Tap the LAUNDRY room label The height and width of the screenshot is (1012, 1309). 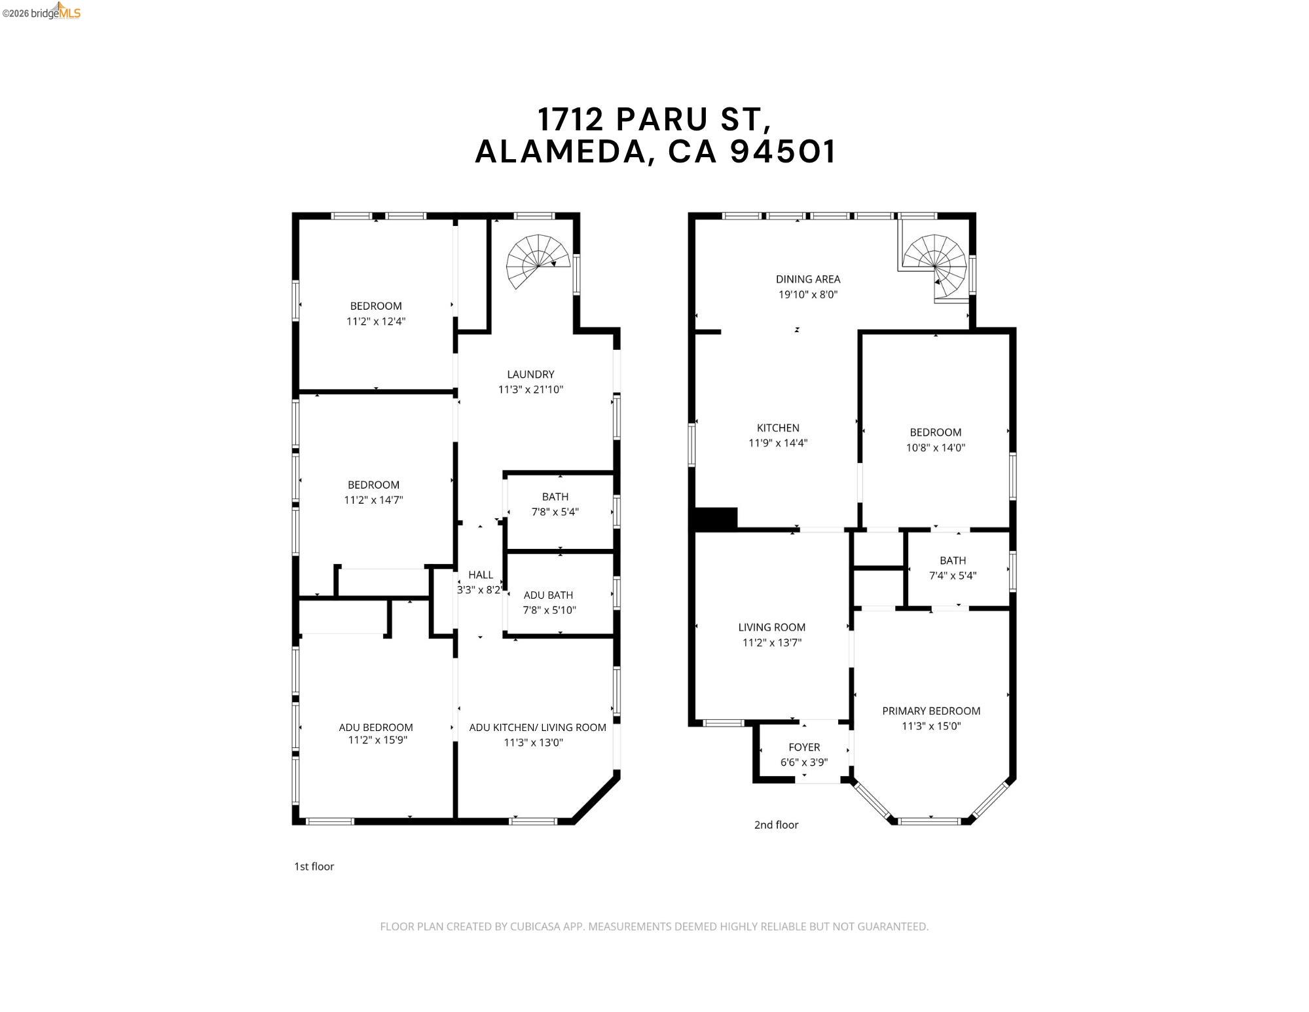[x=530, y=374]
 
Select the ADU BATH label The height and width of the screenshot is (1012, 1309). [x=548, y=595]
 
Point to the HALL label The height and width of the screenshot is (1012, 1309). [x=481, y=574]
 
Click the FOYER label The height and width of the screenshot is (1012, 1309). [x=804, y=747]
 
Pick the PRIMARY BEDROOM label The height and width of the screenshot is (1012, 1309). [x=931, y=711]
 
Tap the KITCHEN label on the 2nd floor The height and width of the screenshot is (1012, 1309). [x=778, y=428]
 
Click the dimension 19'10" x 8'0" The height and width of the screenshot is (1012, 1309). [x=808, y=295]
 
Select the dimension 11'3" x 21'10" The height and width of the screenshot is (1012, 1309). [x=530, y=390]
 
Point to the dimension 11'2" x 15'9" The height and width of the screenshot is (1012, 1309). [x=377, y=741]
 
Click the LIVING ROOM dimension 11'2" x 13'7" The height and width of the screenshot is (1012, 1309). [x=772, y=643]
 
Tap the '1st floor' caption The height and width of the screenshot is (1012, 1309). [x=314, y=867]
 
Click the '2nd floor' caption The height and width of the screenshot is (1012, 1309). [x=776, y=825]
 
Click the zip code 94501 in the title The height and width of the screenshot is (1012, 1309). [x=783, y=151]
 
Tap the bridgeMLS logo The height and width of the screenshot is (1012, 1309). [x=41, y=12]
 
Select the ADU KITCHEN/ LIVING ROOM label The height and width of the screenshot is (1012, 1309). [x=538, y=727]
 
